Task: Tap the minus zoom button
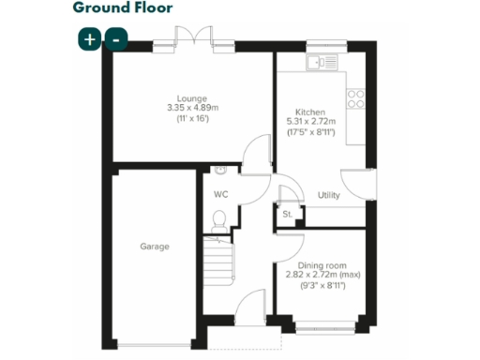pyautogui.click(x=115, y=39)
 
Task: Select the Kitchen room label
pyautogui.click(x=309, y=109)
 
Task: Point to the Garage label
pyautogui.click(x=155, y=247)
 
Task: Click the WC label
pyautogui.click(x=220, y=195)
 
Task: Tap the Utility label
pyautogui.click(x=328, y=196)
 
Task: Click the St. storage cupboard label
pyautogui.click(x=287, y=215)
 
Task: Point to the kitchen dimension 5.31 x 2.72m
pyautogui.click(x=309, y=120)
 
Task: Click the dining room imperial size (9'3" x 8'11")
pyautogui.click(x=321, y=285)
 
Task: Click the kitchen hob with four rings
pyautogui.click(x=356, y=94)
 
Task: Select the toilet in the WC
pyautogui.click(x=218, y=219)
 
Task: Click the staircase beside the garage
pyautogui.click(x=217, y=252)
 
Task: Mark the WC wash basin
pyautogui.click(x=219, y=172)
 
